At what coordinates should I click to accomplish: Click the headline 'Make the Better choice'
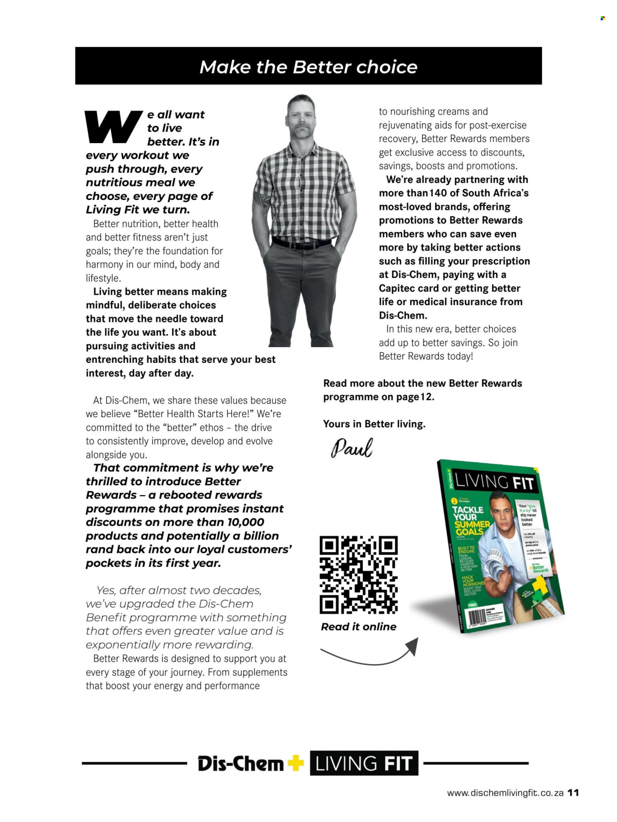click(308, 67)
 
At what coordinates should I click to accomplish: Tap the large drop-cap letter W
click(113, 126)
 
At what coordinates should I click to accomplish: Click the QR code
click(358, 575)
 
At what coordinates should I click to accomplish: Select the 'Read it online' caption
click(358, 626)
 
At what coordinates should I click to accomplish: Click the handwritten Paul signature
click(351, 447)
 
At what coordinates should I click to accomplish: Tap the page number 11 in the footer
click(573, 792)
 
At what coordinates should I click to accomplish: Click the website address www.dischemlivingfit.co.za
click(505, 793)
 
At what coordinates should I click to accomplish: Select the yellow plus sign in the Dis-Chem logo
click(295, 763)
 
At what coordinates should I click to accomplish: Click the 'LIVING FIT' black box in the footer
click(364, 763)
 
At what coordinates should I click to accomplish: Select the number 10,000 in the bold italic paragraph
click(245, 522)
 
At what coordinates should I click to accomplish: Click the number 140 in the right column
click(438, 193)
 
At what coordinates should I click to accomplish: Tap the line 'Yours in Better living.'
click(374, 424)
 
